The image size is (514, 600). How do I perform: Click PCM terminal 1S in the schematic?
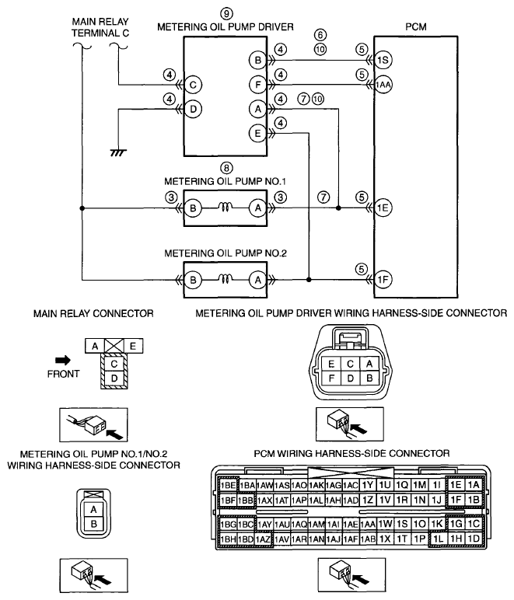(x=383, y=60)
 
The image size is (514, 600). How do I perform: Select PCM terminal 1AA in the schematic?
(x=383, y=85)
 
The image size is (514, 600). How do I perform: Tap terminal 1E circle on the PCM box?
(x=383, y=208)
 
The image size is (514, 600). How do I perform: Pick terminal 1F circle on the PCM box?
(x=383, y=280)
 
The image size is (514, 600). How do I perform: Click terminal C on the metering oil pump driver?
(x=193, y=85)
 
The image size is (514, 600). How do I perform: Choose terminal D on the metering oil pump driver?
(x=193, y=109)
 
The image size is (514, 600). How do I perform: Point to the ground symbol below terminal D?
(x=118, y=152)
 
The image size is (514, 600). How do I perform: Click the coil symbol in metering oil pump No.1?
(x=226, y=208)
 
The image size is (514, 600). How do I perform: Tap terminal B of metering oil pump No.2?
(x=193, y=280)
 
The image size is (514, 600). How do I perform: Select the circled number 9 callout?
(x=226, y=14)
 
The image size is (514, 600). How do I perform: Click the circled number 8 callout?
(x=226, y=168)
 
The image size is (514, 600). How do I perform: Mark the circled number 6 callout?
(x=320, y=35)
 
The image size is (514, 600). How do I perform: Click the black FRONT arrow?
(x=63, y=360)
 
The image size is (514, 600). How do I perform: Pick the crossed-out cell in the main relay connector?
(x=114, y=346)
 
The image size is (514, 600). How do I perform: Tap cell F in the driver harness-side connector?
(x=331, y=378)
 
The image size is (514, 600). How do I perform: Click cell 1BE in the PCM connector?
(x=228, y=485)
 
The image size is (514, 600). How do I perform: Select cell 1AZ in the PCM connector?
(x=263, y=539)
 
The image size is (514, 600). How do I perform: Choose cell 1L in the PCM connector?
(x=439, y=539)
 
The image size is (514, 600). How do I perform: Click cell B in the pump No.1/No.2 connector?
(x=94, y=525)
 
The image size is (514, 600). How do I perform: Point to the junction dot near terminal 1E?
(x=338, y=208)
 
